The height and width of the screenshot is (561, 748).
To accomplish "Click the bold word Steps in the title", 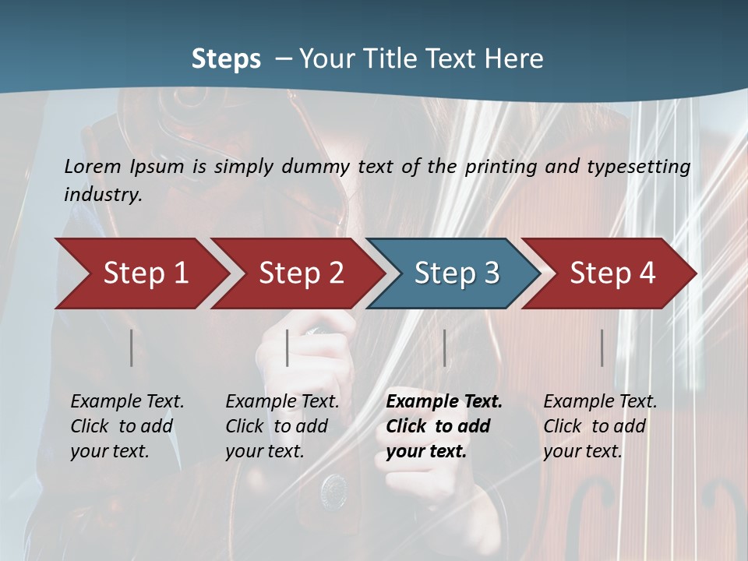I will [226, 59].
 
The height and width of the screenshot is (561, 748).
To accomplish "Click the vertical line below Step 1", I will [132, 348].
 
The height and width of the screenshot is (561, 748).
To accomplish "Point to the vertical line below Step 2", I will [288, 348].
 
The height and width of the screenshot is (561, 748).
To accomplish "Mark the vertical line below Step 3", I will [445, 348].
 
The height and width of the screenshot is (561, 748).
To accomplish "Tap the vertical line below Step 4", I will [602, 348].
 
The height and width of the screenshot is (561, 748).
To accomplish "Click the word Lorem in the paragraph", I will [92, 166].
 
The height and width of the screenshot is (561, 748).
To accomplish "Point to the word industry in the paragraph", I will [103, 195].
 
